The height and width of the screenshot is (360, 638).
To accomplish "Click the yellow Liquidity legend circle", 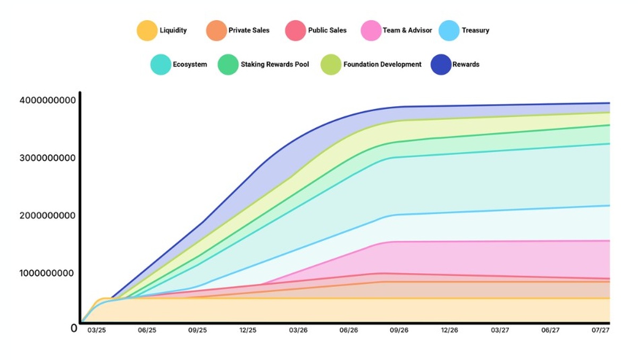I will (x=147, y=30).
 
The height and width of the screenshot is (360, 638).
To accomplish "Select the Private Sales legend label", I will (x=249, y=30).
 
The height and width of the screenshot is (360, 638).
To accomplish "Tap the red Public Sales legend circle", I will (x=295, y=30).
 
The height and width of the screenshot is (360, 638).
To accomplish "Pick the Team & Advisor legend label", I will (x=407, y=30).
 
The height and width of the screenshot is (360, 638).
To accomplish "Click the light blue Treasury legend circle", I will (x=449, y=30).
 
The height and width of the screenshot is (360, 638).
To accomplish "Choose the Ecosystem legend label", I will (x=190, y=64).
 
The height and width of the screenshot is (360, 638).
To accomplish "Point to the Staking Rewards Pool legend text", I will (x=275, y=64).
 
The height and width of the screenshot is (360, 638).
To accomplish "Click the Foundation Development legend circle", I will (x=331, y=64).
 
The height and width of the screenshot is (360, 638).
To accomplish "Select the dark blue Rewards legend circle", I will (x=441, y=64).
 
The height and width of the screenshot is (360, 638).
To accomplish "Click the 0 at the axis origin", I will (x=74, y=328).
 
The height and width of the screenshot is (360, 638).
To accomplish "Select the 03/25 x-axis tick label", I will (x=96, y=330).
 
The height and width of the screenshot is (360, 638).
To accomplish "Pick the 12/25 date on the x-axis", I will (x=248, y=330).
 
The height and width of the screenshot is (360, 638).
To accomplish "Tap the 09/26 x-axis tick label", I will (x=399, y=330).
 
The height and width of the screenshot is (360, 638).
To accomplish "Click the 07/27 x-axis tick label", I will (x=600, y=330).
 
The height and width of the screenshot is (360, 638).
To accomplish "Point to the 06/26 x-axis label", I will (x=348, y=330).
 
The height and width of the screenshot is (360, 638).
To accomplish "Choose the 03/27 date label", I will (x=500, y=330).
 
